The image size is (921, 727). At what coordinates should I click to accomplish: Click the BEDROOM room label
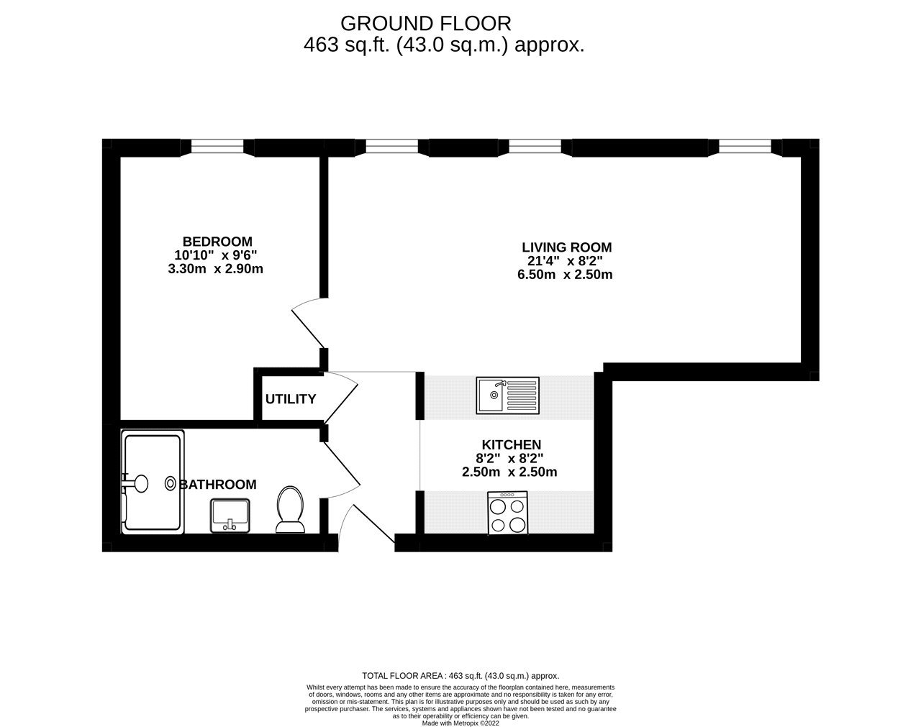[217, 242]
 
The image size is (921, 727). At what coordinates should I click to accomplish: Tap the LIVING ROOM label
[567, 247]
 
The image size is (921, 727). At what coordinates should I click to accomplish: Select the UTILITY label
[291, 399]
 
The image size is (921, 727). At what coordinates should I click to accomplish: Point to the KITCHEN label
[512, 444]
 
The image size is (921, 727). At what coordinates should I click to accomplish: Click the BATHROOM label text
[218, 485]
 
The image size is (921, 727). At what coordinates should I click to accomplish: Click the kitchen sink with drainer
[507, 395]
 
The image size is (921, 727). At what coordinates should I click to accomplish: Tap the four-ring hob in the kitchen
[507, 513]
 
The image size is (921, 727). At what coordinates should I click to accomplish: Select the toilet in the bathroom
[290, 509]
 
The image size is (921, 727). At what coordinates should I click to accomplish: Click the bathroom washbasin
[230, 516]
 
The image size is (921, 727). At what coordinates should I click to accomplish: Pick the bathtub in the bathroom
[153, 482]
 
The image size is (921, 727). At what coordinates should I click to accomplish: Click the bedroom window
[217, 147]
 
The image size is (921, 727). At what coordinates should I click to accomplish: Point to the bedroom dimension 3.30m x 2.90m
[216, 269]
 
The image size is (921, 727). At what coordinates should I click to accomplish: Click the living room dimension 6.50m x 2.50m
[565, 275]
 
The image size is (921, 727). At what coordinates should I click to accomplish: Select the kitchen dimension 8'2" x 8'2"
[509, 459]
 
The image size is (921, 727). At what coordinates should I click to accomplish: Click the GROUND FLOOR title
[426, 24]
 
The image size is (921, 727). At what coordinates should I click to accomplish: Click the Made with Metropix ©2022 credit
[460, 723]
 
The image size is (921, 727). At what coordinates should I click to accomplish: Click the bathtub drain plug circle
[171, 484]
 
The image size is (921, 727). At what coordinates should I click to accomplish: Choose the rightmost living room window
[745, 147]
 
